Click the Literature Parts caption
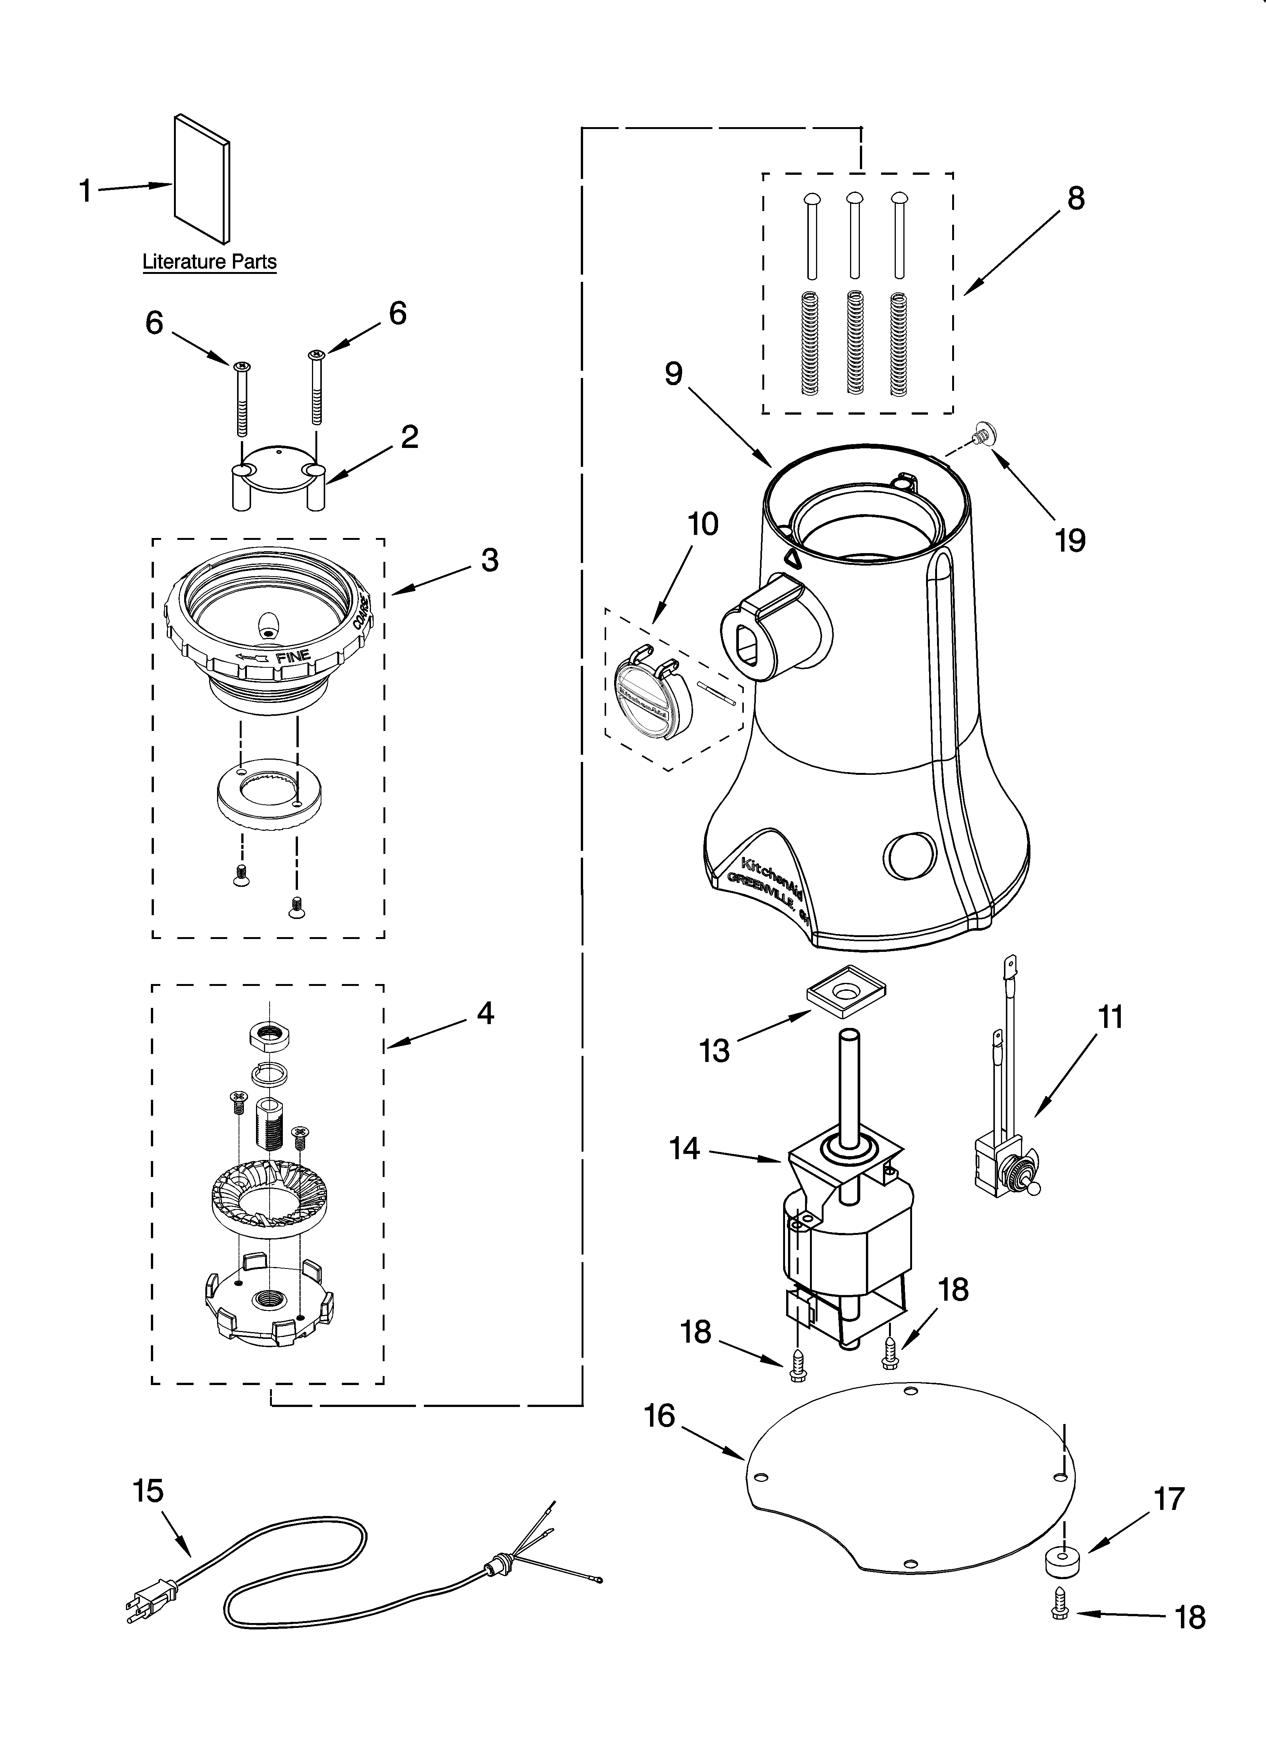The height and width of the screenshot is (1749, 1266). (x=209, y=262)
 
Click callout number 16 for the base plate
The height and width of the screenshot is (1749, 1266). (x=660, y=1416)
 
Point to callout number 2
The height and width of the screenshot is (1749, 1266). (x=410, y=437)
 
